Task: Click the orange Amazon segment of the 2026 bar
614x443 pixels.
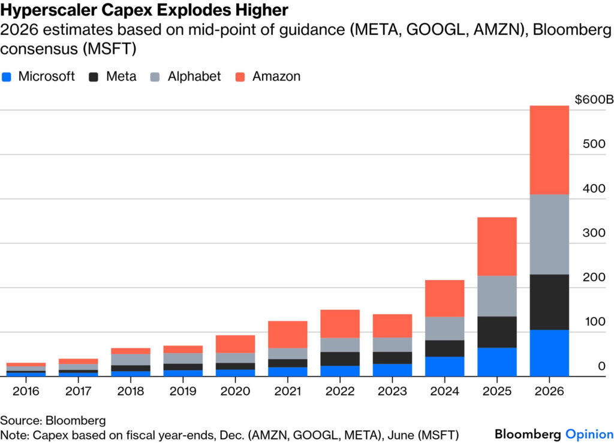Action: click(x=549, y=150)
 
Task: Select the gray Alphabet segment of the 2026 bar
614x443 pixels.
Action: click(x=549, y=234)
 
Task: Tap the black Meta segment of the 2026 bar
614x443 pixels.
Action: click(x=549, y=302)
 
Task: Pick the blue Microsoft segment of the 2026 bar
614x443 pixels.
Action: click(x=549, y=352)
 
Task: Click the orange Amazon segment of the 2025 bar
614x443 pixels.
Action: click(x=497, y=246)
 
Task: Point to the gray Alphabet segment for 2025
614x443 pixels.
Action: click(x=497, y=296)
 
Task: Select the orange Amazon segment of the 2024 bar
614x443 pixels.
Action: click(x=444, y=298)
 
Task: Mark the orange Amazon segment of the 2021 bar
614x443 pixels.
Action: click(x=287, y=334)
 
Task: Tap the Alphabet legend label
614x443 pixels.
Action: click(x=194, y=77)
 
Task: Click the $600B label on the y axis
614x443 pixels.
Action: click(x=594, y=100)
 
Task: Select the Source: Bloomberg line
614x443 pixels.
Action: click(x=53, y=420)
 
